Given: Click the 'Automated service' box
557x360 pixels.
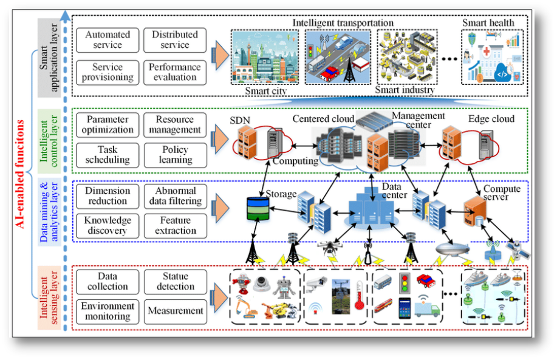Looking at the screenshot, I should [x=108, y=40].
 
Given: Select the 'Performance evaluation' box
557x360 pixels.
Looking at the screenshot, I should [x=174, y=72].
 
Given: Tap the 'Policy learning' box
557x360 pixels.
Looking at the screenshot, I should [x=174, y=155].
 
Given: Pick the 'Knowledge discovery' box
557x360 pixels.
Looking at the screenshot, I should [x=108, y=225].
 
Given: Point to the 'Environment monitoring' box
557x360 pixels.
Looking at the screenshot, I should [x=108, y=311].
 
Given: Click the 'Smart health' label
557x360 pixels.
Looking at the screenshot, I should [x=488, y=23].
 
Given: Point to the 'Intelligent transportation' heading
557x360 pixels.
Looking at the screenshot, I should [x=343, y=22].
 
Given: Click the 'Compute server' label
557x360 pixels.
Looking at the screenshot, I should [x=501, y=193].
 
